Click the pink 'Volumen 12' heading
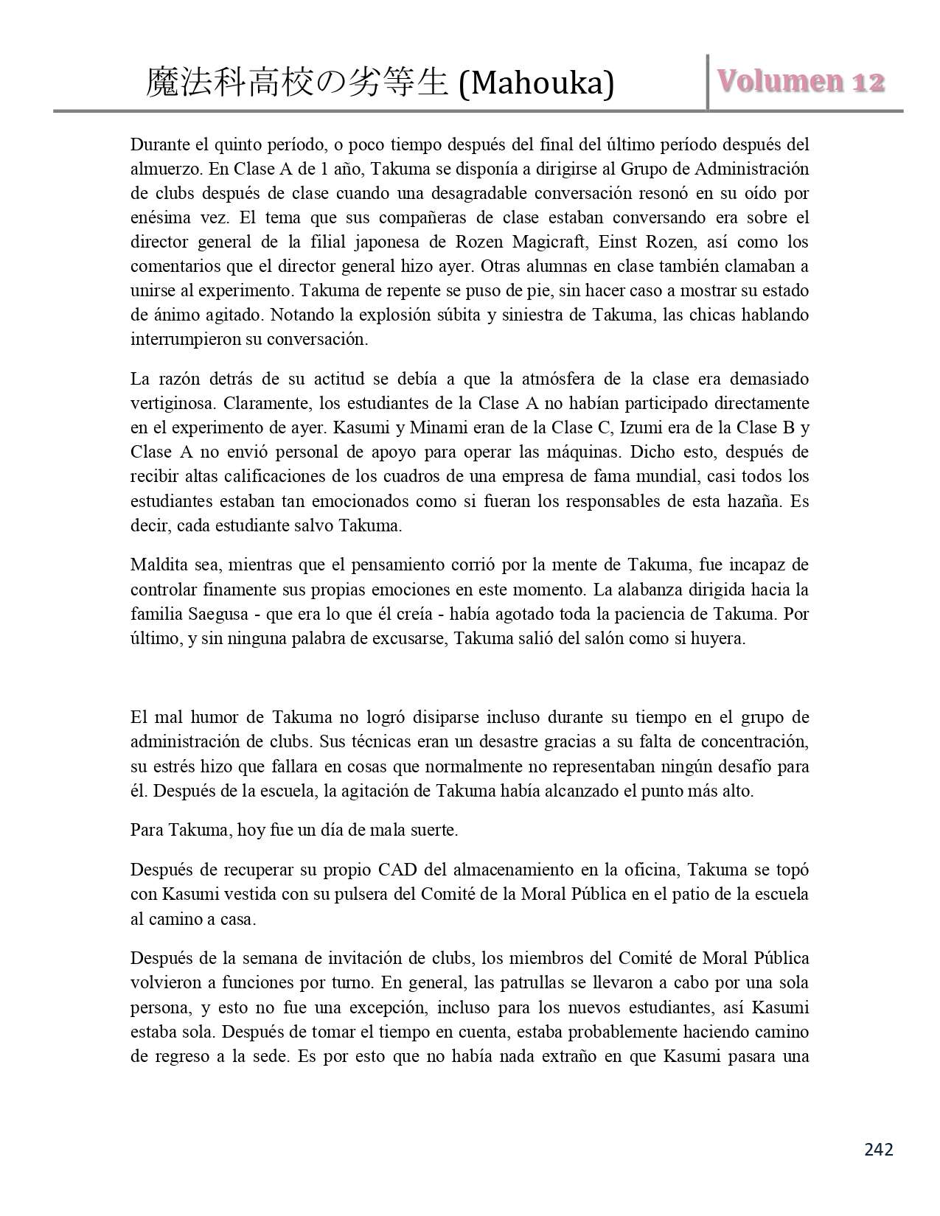[x=800, y=81]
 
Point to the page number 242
[x=878, y=1149]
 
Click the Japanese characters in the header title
[x=297, y=83]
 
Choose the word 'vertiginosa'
[x=172, y=403]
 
